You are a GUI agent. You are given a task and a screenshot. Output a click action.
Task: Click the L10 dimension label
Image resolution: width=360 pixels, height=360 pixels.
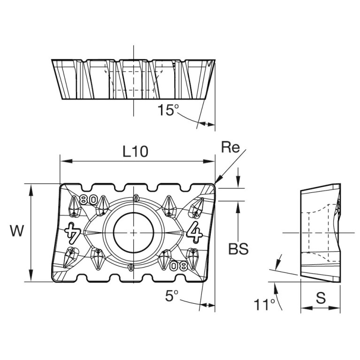[x=135, y=151]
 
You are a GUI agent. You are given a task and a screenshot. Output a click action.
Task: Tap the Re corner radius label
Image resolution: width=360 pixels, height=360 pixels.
[x=230, y=148]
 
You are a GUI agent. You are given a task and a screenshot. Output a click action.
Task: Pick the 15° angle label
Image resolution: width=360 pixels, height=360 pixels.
[x=168, y=110]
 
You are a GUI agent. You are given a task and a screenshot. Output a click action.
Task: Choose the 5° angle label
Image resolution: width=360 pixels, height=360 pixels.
[x=172, y=296]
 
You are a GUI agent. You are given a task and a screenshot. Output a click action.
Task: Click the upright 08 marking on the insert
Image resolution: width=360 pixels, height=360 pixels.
[x=179, y=266]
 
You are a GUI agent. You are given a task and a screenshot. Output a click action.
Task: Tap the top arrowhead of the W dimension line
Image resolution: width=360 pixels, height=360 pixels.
[x=31, y=187]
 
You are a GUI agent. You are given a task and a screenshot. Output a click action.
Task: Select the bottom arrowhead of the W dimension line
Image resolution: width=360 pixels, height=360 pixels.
[x=31, y=278]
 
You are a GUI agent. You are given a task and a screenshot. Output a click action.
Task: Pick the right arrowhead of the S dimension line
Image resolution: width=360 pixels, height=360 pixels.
[x=337, y=308]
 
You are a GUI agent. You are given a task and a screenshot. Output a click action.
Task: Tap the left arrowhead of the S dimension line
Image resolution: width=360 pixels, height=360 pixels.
[x=303, y=308]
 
